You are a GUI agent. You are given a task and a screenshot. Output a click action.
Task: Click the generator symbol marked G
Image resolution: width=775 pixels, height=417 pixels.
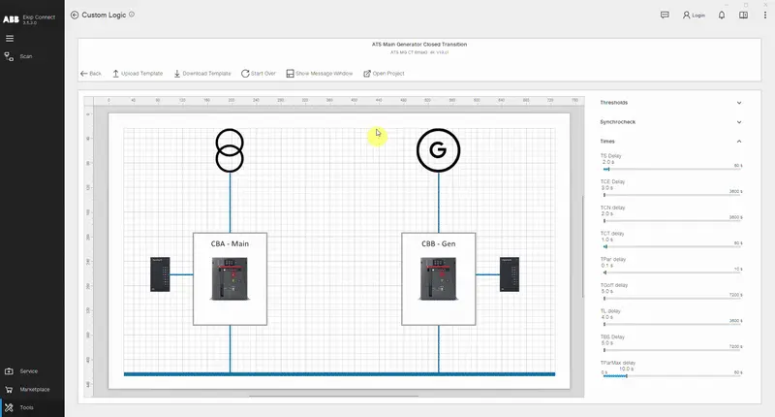438,150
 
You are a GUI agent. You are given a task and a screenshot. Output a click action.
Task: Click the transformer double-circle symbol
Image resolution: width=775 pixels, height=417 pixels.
230,149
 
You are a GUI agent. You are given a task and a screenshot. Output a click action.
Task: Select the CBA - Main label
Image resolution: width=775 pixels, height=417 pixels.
230,244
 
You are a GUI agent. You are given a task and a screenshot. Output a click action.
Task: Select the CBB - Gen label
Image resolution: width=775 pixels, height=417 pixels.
438,244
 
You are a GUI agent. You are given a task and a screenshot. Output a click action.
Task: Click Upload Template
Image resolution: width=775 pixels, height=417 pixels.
138,74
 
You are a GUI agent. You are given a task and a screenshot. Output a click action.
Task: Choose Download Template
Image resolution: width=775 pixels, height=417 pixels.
201,74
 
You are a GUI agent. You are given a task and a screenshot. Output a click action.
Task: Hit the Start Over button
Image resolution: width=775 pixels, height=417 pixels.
259,74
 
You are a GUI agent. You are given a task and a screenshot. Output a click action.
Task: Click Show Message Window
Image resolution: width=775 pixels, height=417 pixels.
320,74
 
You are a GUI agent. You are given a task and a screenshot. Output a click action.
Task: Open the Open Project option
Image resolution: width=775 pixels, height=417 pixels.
384,74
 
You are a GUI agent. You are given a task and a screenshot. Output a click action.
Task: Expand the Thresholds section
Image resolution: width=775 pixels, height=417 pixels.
739,102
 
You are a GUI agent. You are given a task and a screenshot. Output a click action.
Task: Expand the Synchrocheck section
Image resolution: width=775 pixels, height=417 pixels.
739,122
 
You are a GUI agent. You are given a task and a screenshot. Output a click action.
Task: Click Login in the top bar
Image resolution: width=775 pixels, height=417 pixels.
694,16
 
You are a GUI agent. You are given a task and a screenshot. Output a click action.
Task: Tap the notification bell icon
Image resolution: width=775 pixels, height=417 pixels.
722,16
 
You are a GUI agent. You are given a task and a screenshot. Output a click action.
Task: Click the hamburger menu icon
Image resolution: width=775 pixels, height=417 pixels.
10,39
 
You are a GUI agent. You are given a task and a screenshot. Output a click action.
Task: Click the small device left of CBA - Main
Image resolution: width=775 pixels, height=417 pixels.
161,273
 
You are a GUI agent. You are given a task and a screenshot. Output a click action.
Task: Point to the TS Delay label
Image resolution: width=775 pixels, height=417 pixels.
610,155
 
